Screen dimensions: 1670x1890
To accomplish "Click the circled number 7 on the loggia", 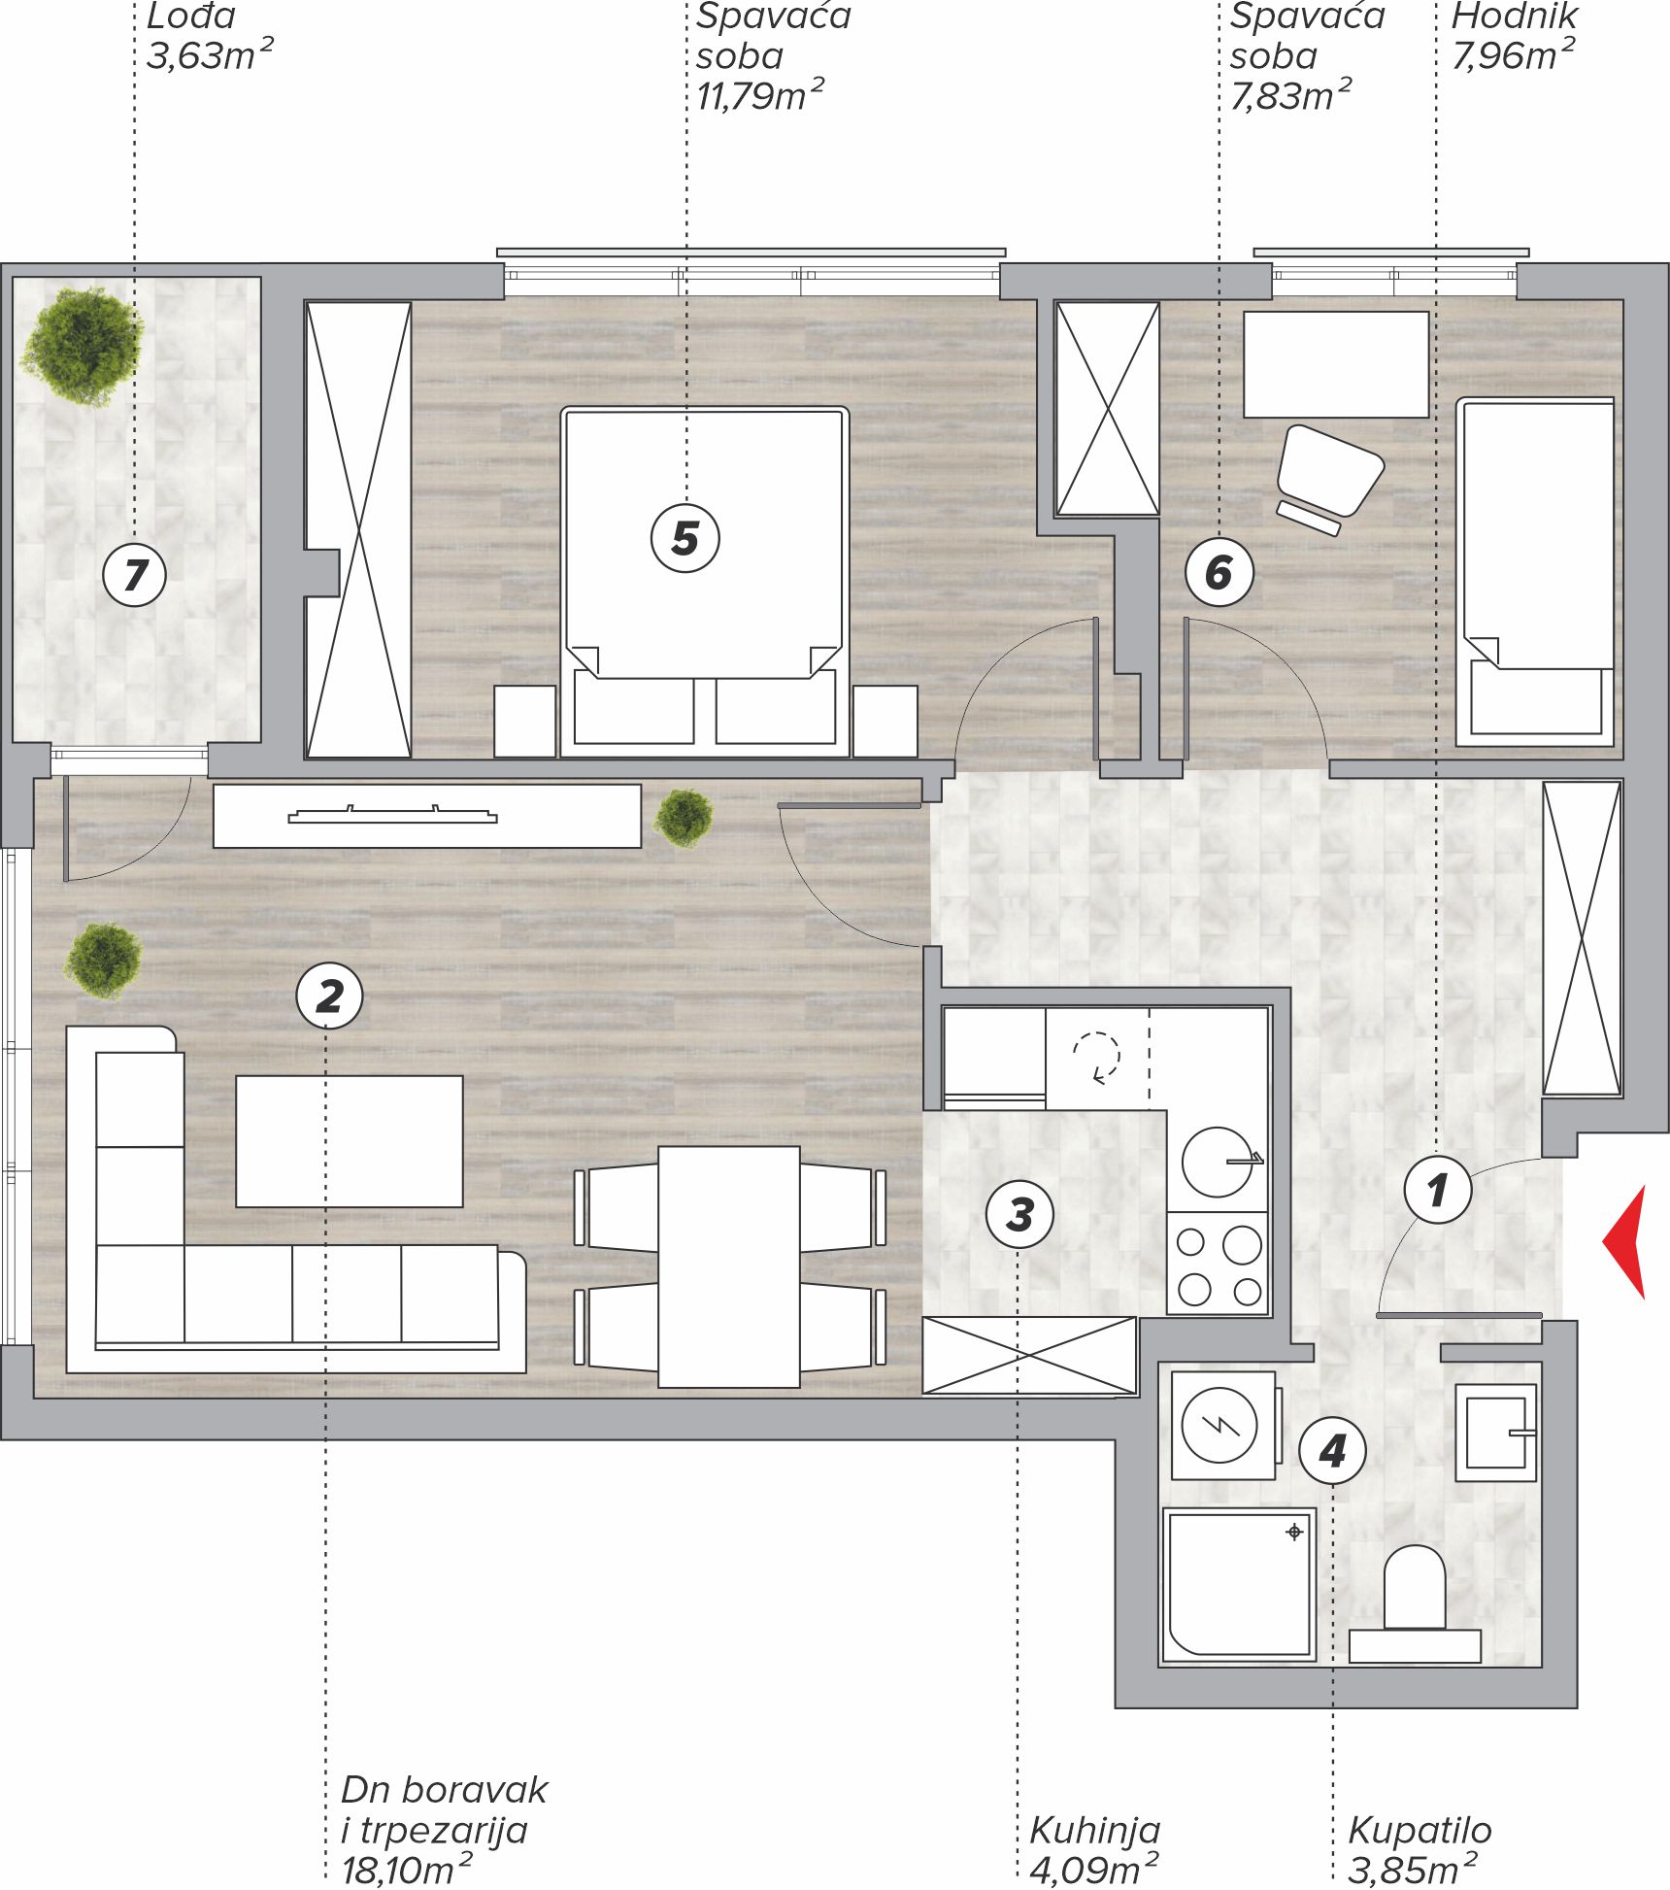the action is point(135,574).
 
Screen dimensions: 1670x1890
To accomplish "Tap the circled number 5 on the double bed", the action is point(685,538).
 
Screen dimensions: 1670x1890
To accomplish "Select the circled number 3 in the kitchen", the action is point(1019,1214).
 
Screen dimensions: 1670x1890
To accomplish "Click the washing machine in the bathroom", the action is point(1223,1425).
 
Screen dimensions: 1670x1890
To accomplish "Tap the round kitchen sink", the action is point(1218,1162).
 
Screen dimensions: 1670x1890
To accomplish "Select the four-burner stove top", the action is point(1219,1264).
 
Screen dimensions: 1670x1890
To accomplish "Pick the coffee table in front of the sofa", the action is point(350,1141).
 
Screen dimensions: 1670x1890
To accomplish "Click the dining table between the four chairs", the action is point(729,1266).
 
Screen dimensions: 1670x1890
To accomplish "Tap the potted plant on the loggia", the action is point(82,345).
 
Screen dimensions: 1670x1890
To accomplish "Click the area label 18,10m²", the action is point(408,1869).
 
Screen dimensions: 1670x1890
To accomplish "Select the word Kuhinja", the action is point(1095,1830).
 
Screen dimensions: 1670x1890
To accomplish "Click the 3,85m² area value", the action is point(1413,1869).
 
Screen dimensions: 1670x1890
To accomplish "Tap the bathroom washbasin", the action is point(1496,1433).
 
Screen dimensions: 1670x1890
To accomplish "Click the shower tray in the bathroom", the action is point(1239,1584).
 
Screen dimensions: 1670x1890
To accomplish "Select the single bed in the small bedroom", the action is point(1535,572).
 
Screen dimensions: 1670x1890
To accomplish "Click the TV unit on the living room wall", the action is point(427,816).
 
